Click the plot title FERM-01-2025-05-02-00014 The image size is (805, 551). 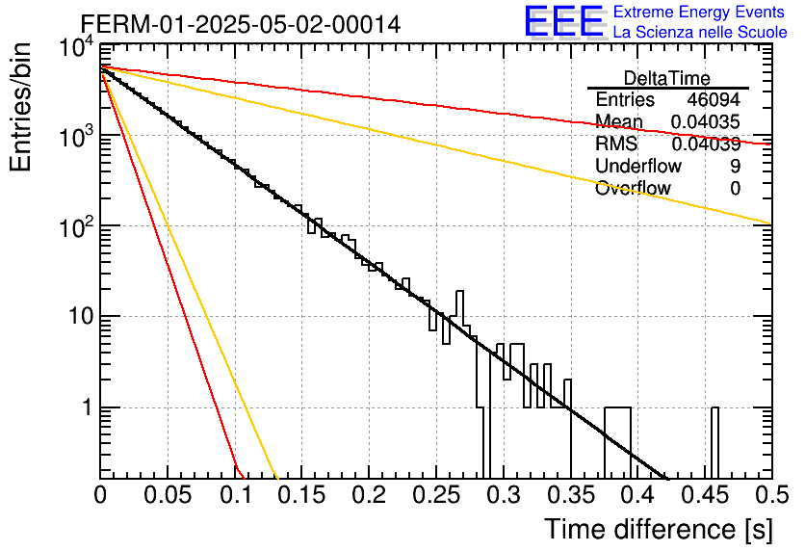tap(241, 24)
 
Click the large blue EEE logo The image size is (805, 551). tap(564, 21)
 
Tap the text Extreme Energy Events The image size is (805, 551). tap(699, 12)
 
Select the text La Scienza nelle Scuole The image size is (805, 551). tap(700, 33)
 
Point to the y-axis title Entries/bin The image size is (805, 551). tap(21, 107)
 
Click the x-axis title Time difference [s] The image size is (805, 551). tap(659, 530)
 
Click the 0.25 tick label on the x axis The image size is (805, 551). tap(435, 495)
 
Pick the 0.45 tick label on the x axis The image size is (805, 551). tap(705, 495)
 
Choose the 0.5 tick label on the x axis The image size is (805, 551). tap(771, 495)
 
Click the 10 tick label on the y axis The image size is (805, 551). tap(82, 316)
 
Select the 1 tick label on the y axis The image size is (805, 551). tap(88, 407)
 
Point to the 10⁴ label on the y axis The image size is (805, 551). tap(76, 49)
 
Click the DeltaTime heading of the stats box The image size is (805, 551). tap(667, 78)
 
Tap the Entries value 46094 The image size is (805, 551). tap(714, 99)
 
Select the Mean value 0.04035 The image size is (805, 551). tap(706, 122)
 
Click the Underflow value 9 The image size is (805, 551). tap(735, 166)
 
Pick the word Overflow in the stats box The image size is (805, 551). tap(633, 189)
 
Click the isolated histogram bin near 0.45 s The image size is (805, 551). tap(714, 443)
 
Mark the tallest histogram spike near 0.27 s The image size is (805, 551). tap(459, 308)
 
